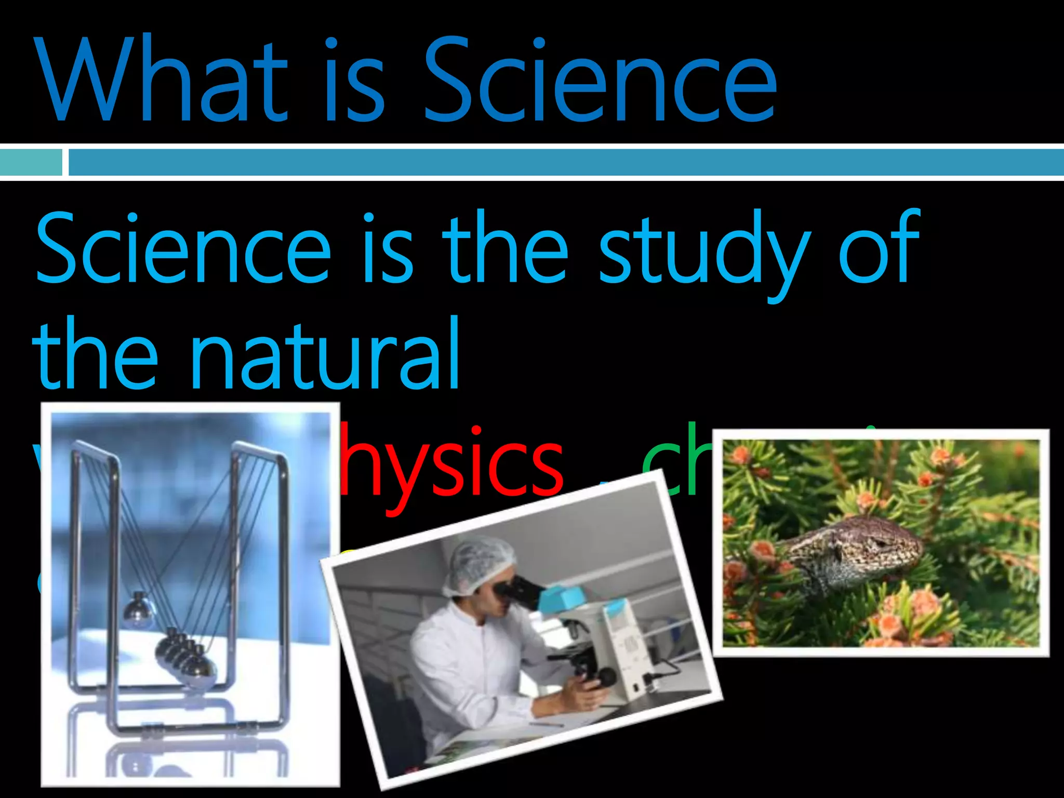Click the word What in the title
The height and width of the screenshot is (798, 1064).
pyautogui.click(x=161, y=81)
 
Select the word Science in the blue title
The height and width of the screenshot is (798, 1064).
pyautogui.click(x=600, y=81)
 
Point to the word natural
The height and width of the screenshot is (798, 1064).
pyautogui.click(x=325, y=356)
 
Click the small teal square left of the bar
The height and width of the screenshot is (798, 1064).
pyautogui.click(x=30, y=162)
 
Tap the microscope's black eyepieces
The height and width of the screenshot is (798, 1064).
pyautogui.click(x=514, y=590)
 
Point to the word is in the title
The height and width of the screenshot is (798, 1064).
pyautogui.click(x=353, y=81)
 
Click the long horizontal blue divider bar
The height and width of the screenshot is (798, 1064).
pyautogui.click(x=566, y=162)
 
